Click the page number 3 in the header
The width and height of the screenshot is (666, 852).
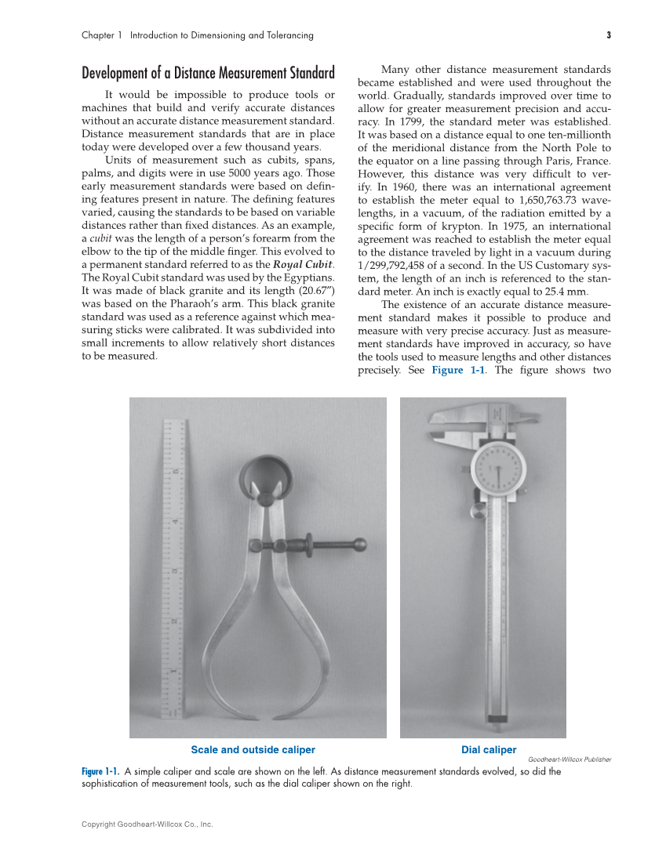coord(608,35)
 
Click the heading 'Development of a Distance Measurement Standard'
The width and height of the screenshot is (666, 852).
coord(208,74)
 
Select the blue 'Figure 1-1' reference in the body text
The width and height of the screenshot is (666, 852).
coord(458,370)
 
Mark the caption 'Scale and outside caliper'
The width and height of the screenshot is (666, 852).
coord(253,750)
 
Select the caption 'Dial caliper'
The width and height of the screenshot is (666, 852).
coord(489,750)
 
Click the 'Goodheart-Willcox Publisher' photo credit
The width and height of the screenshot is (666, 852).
coord(570,760)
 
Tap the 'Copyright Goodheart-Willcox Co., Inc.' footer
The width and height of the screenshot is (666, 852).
coord(147,825)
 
